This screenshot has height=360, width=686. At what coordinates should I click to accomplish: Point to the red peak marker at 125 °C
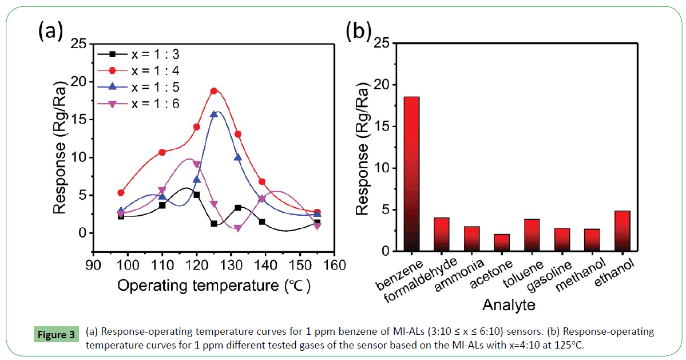pyautogui.click(x=214, y=90)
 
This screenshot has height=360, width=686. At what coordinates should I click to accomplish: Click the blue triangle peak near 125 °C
pyautogui.click(x=214, y=114)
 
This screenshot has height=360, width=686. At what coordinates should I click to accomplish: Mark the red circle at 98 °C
pyautogui.click(x=121, y=192)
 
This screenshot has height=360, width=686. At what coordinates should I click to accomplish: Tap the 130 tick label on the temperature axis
pyautogui.click(x=231, y=265)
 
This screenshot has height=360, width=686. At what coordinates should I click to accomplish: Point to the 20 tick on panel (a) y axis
pyautogui.click(x=78, y=81)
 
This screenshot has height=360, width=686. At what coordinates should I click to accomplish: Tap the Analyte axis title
pyautogui.click(x=509, y=304)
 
